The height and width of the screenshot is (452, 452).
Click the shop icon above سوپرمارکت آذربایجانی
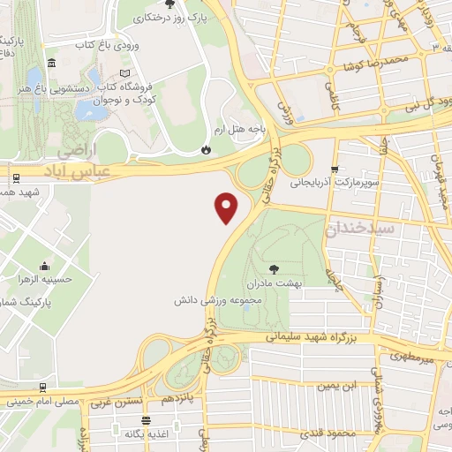[x=335, y=169]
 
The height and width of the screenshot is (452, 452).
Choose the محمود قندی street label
[x=334, y=434]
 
